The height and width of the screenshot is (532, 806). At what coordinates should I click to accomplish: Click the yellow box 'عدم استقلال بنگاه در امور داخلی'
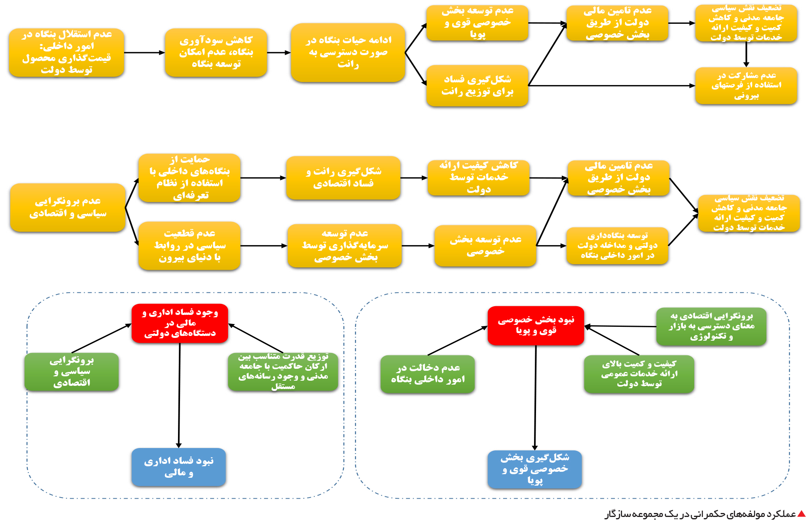pyautogui.click(x=67, y=52)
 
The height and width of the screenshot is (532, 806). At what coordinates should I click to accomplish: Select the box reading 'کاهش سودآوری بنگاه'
pyautogui.click(x=216, y=52)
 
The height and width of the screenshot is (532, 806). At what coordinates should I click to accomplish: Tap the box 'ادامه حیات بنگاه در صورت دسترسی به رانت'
pyautogui.click(x=348, y=53)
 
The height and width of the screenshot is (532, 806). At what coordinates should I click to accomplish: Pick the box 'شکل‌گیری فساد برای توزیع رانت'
pyautogui.click(x=477, y=86)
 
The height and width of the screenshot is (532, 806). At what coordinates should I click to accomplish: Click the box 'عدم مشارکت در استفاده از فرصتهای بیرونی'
pyautogui.click(x=746, y=86)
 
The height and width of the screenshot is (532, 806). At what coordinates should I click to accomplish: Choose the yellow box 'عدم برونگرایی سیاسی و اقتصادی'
pyautogui.click(x=68, y=207)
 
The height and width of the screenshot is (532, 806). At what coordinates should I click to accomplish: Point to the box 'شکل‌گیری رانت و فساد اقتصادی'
pyautogui.click(x=343, y=178)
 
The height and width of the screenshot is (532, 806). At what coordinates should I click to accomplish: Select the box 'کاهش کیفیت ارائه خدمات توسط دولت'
pyautogui.click(x=479, y=178)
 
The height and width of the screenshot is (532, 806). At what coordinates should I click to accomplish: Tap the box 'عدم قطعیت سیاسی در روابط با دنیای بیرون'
pyautogui.click(x=190, y=246)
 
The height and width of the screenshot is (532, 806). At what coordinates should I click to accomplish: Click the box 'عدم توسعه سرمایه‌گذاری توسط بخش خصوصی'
pyautogui.click(x=345, y=246)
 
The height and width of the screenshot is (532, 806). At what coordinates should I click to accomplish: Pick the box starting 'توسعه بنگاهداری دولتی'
pyautogui.click(x=617, y=246)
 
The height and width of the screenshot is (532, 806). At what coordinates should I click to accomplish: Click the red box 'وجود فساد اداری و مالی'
pyautogui.click(x=180, y=323)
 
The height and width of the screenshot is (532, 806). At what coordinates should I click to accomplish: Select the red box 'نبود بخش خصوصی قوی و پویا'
pyautogui.click(x=536, y=325)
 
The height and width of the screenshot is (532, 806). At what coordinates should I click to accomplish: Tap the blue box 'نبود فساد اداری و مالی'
pyautogui.click(x=179, y=467)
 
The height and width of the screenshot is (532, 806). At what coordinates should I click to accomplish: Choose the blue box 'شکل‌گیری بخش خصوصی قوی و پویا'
pyautogui.click(x=535, y=469)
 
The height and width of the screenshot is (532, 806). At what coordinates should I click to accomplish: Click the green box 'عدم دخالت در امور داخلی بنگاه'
pyautogui.click(x=428, y=374)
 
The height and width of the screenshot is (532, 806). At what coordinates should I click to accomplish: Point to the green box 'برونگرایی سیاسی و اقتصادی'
pyautogui.click(x=72, y=372)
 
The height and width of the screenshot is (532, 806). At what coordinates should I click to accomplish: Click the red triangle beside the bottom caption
pyautogui.click(x=801, y=514)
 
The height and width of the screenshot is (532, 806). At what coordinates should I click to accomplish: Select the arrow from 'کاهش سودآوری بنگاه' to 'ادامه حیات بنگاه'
pyautogui.click(x=279, y=52)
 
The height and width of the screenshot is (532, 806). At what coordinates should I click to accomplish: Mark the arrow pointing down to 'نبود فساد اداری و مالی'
pyautogui.click(x=179, y=395)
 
